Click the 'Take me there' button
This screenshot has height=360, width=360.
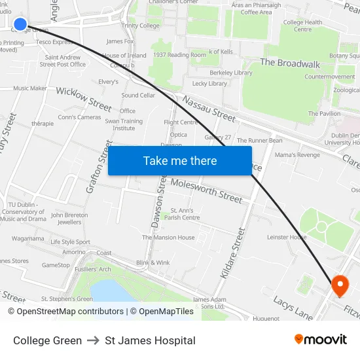pos(180,160)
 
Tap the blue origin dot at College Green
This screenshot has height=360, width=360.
pos(20,25)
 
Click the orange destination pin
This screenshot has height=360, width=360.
pos(340,285)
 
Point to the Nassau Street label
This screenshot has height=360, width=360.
pos(209,109)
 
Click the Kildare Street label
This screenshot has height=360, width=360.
pos(232,254)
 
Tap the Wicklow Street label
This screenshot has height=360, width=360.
pos(84,99)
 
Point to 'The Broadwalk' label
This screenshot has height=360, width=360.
pos(290,63)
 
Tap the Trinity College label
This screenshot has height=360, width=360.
pos(140,26)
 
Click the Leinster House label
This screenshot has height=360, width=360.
pos(287,237)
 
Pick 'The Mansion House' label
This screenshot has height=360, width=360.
pos(168,238)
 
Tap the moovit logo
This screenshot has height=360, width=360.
pos(321,339)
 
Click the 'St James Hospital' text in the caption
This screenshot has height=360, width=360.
pos(150,340)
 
